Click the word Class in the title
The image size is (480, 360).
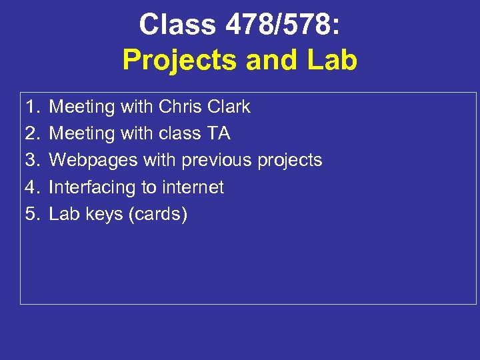click(177, 25)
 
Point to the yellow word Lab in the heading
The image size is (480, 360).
click(331, 60)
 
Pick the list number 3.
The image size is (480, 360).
click(33, 160)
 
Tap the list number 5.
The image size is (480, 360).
click(33, 214)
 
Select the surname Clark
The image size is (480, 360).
click(229, 107)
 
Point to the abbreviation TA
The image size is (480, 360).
click(219, 133)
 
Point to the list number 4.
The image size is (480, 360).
click(33, 187)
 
